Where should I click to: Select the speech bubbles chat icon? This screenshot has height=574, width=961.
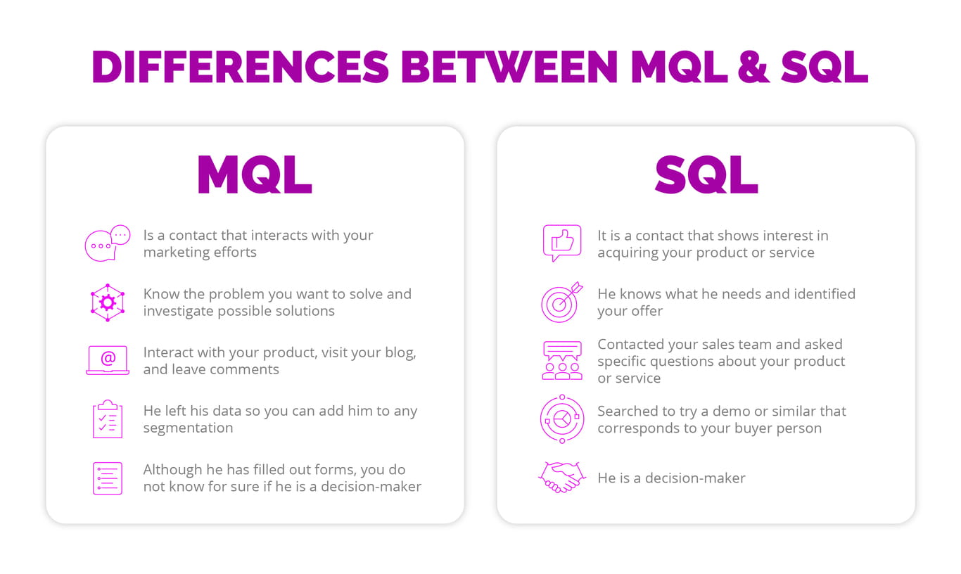click(x=108, y=243)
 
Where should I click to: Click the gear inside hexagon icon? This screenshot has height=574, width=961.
click(x=108, y=302)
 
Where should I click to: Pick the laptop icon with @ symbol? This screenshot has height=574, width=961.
click(x=108, y=360)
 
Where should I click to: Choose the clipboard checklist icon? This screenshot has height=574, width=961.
click(x=108, y=419)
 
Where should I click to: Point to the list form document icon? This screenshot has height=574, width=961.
click(x=108, y=478)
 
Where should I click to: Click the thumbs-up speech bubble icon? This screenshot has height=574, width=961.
click(x=561, y=243)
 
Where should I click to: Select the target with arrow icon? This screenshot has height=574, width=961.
click(x=561, y=302)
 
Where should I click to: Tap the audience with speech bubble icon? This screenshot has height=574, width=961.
click(x=561, y=361)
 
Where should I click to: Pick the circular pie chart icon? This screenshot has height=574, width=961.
click(x=561, y=419)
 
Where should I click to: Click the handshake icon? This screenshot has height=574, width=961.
click(x=561, y=478)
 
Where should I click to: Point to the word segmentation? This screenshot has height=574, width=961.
click(x=188, y=428)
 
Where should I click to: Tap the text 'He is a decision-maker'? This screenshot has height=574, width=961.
click(x=671, y=478)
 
